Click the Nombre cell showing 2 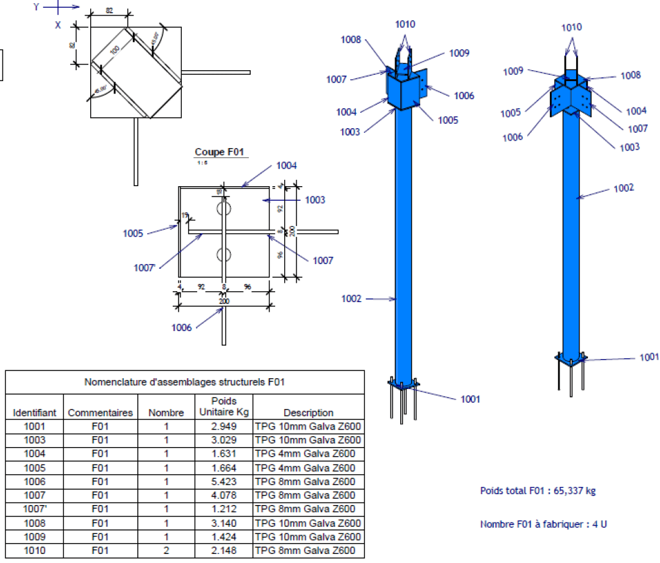[166, 551]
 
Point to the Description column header [308, 412]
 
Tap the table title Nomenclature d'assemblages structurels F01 [184, 382]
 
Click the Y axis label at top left [37, 7]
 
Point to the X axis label [58, 25]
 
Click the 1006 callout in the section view [182, 327]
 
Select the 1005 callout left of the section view [133, 233]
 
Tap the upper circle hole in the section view [224, 209]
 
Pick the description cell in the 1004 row [308, 453]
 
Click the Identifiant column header [35, 412]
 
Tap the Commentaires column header [100, 412]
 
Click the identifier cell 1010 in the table [35, 551]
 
